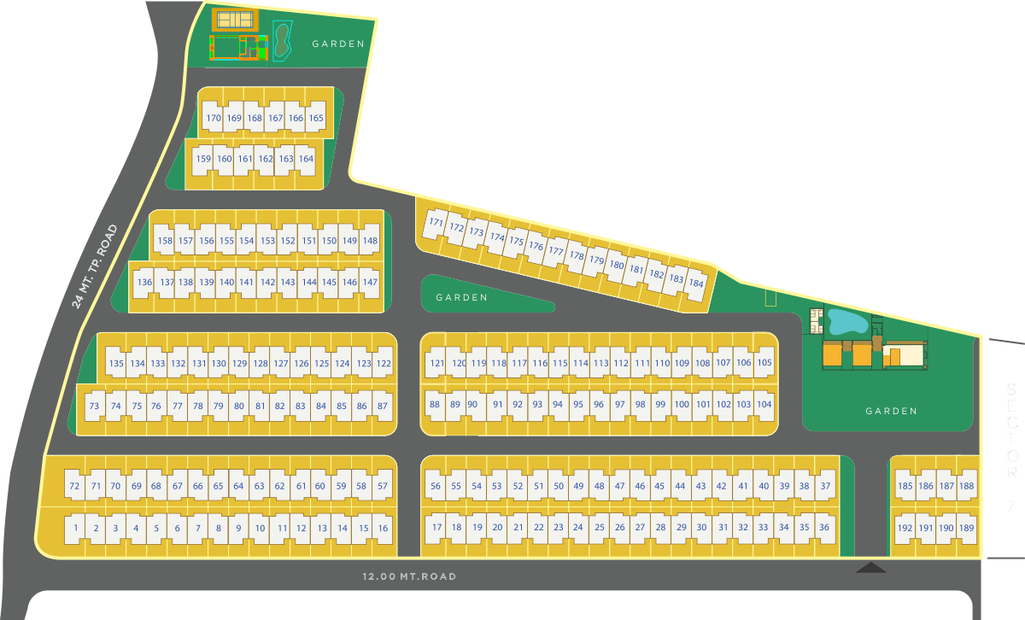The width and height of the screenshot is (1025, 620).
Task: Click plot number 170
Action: (x=214, y=119)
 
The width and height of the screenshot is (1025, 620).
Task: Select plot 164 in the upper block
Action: (x=306, y=159)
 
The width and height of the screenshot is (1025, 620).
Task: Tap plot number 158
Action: (x=165, y=241)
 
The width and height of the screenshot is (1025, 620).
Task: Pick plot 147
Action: (x=370, y=282)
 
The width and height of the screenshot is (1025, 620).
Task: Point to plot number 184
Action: (x=696, y=284)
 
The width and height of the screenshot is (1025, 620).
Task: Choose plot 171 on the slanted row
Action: (x=436, y=223)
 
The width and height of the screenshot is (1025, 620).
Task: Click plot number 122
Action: (x=384, y=364)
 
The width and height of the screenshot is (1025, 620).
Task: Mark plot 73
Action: (x=94, y=406)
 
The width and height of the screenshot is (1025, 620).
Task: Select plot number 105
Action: (x=764, y=363)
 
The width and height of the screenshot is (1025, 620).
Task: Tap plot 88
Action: (x=435, y=405)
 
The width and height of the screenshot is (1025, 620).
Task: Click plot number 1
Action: (x=76, y=528)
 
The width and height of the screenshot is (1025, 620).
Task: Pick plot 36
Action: (x=824, y=527)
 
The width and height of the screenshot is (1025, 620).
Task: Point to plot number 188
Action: (x=966, y=486)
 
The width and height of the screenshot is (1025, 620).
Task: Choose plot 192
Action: (x=905, y=527)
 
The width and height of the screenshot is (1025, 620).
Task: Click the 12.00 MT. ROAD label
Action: (x=409, y=577)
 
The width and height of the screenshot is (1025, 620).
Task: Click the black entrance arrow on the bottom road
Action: (x=871, y=567)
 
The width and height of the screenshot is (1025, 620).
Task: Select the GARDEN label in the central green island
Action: (x=461, y=298)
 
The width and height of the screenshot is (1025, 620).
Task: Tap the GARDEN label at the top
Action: (x=338, y=44)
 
